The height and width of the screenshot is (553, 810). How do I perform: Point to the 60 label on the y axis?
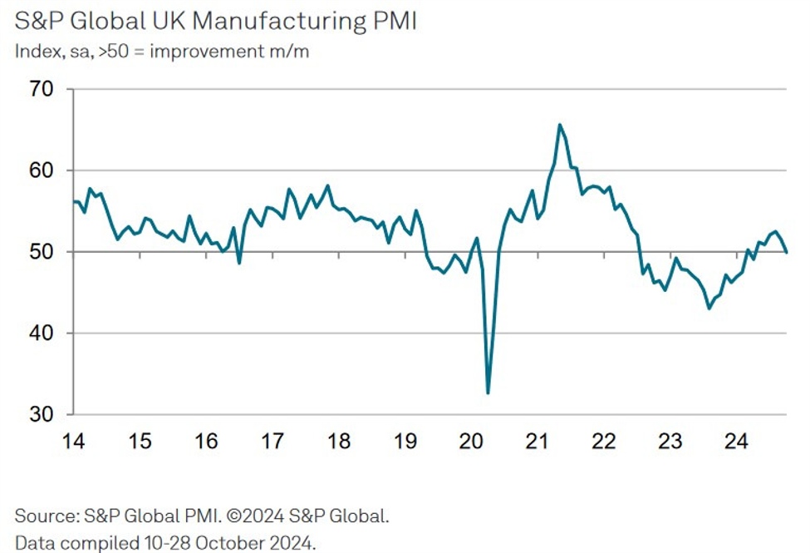point(38,171)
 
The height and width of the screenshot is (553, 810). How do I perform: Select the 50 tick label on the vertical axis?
point(38,253)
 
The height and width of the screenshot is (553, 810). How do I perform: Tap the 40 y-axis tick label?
point(38,334)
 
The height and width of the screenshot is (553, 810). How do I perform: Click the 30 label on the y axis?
point(38,415)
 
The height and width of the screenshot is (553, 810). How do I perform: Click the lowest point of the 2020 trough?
point(488,393)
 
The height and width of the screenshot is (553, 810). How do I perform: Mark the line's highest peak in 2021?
point(559,125)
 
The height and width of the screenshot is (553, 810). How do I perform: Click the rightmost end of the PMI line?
point(787,252)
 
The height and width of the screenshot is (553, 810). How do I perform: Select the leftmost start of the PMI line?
point(74,201)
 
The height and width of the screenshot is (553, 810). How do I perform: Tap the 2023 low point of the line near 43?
point(709,308)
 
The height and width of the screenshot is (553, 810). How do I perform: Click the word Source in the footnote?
point(46,516)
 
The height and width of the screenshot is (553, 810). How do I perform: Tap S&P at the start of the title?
point(37,20)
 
